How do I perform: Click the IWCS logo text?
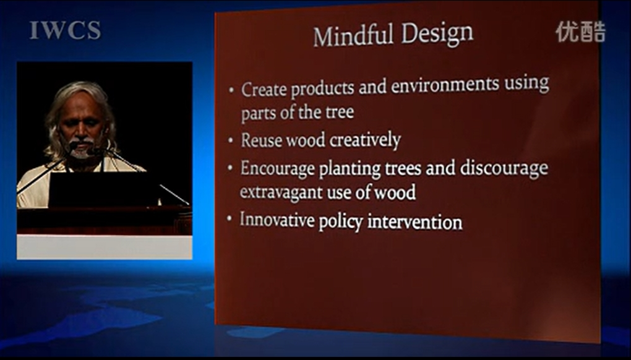[65, 30]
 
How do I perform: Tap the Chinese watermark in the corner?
[581, 32]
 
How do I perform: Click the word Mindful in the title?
[353, 35]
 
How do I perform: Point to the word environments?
[444, 85]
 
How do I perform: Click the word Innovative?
[277, 220]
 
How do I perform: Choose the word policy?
[341, 223]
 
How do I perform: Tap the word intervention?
[415, 222]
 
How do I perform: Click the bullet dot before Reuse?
[231, 141]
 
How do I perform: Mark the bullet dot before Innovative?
[230, 219]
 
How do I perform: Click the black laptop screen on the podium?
[104, 189]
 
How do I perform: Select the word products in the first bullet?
[322, 88]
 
